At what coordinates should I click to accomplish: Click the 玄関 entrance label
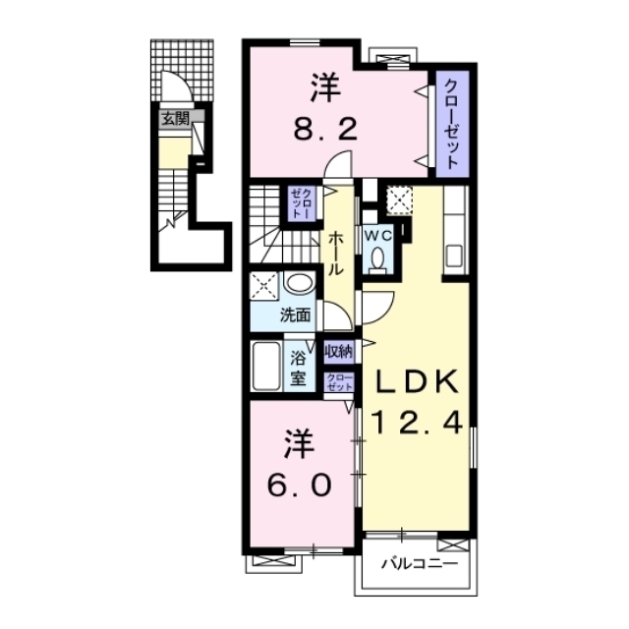[x=175, y=118]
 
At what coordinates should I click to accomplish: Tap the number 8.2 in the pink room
[x=325, y=130]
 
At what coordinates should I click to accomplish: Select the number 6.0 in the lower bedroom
[x=300, y=485]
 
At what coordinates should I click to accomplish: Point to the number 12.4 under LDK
[x=417, y=424]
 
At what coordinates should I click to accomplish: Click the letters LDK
[x=417, y=381]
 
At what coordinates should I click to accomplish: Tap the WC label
[x=377, y=236]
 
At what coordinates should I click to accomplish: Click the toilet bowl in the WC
[x=377, y=257]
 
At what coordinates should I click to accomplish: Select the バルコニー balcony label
[x=419, y=563]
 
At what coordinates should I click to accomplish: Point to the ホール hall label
[x=336, y=254]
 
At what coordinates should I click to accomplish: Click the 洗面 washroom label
[x=296, y=315]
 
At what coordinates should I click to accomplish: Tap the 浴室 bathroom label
[x=298, y=368]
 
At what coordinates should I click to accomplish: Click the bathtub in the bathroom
[x=265, y=366]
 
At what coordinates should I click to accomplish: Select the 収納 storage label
[x=338, y=352]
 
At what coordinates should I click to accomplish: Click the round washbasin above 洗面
[x=300, y=283]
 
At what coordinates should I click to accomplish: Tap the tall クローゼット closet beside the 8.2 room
[x=452, y=124]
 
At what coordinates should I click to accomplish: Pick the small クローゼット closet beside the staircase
[x=303, y=203]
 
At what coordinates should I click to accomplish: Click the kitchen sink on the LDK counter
[x=454, y=256]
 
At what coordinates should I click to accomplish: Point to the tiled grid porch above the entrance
[x=182, y=70]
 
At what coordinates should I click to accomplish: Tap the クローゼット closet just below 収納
[x=339, y=382]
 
